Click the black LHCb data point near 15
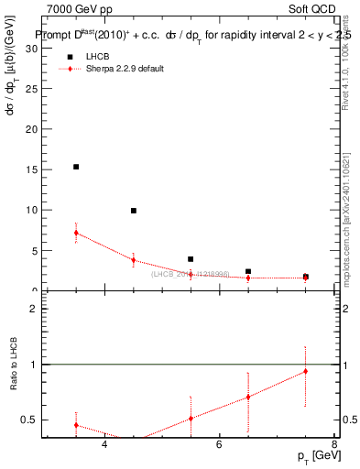point(76,167)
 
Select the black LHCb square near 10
point(133,211)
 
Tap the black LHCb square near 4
point(191,259)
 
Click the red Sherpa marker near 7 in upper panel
point(76,233)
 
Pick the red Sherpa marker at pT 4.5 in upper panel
point(133,260)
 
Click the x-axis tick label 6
point(219,445)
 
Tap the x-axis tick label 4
point(104,445)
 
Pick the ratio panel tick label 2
point(33,309)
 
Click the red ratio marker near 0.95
point(305,371)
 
